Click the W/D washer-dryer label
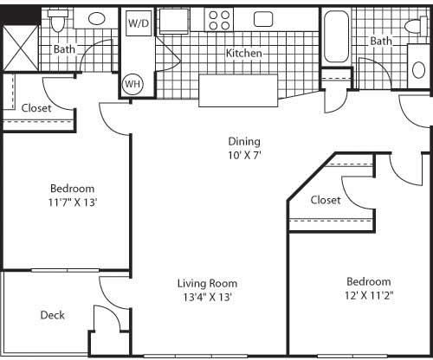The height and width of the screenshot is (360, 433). click(x=139, y=23)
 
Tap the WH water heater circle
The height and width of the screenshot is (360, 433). click(x=132, y=84)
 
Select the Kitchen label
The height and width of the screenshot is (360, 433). click(x=244, y=53)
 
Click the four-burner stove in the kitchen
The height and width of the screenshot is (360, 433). click(x=219, y=20)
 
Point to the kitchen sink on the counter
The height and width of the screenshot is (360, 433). click(x=263, y=19)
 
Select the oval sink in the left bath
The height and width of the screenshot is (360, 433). click(x=97, y=19)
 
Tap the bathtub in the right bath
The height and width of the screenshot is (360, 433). click(x=336, y=36)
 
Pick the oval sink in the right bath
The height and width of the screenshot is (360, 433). click(x=419, y=70)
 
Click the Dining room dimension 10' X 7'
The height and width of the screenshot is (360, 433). click(x=244, y=156)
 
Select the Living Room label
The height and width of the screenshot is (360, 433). click(x=207, y=283)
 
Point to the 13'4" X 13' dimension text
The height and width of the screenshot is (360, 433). click(x=208, y=297)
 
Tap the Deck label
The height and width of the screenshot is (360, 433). click(x=52, y=315)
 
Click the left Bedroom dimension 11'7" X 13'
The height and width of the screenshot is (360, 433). click(x=72, y=202)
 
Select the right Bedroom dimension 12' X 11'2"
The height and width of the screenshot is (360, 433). click(x=369, y=295)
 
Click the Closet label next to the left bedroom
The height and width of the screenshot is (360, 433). click(x=36, y=108)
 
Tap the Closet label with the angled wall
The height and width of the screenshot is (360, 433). click(x=326, y=200)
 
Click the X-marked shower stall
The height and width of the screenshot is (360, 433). click(x=20, y=48)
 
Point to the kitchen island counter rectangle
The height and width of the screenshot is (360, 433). click(x=238, y=91)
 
